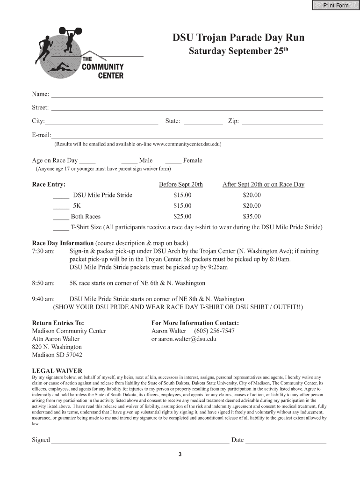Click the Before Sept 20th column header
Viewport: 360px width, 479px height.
pyautogui.click(x=181, y=184)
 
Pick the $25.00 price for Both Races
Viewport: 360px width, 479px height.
pyautogui.click(x=182, y=217)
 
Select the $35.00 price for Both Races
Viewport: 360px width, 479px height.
pyautogui.click(x=252, y=217)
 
